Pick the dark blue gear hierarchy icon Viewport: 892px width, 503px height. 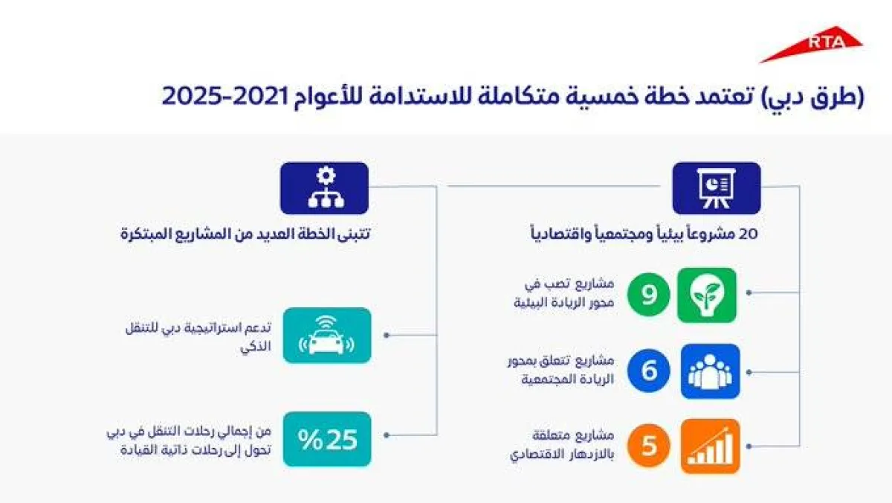click(x=324, y=188)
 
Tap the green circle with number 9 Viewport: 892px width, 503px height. click(x=649, y=295)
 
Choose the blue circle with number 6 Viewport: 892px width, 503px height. click(x=649, y=371)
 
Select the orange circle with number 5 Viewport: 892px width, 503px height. click(x=649, y=446)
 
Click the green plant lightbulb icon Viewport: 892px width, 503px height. click(x=707, y=295)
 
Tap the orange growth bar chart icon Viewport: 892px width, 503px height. click(x=710, y=446)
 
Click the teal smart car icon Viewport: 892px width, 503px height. click(x=326, y=335)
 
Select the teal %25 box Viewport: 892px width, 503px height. click(x=326, y=439)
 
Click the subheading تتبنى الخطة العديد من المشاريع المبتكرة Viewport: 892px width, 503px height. click(x=245, y=234)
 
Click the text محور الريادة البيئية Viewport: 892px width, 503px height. click(x=567, y=303)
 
